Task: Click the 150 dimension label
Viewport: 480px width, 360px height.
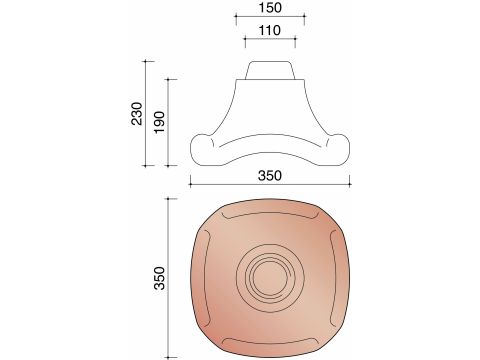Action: tap(270, 7)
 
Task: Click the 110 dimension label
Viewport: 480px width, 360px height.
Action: tap(270, 30)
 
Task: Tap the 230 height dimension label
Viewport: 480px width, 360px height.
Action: tap(137, 114)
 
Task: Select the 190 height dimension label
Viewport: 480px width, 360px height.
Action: tap(159, 122)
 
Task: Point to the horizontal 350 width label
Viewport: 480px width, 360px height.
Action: tap(270, 175)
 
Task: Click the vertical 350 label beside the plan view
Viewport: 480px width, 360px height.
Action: tap(160, 278)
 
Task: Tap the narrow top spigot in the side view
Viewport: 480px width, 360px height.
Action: tap(270, 70)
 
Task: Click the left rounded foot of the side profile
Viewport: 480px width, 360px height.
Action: tap(202, 149)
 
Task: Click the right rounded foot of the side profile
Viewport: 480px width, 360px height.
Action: tap(338, 149)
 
